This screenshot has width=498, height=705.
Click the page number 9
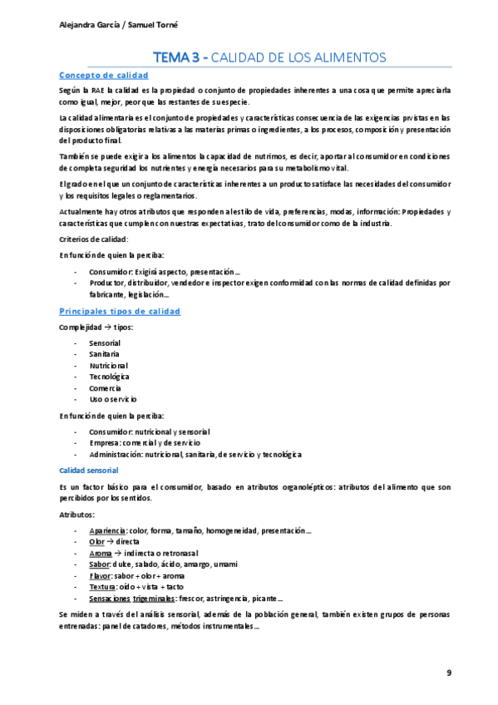449,671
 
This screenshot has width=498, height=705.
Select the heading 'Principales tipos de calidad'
119,311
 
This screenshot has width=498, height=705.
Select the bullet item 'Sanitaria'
104,354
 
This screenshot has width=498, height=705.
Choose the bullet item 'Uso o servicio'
113,399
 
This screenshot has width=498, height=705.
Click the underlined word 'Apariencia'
107,530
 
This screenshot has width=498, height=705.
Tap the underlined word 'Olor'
97,541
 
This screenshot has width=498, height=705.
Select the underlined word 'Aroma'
100,553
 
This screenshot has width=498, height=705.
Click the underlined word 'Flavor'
101,575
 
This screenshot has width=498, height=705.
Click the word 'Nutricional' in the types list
108,365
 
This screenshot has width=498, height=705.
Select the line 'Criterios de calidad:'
93,239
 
